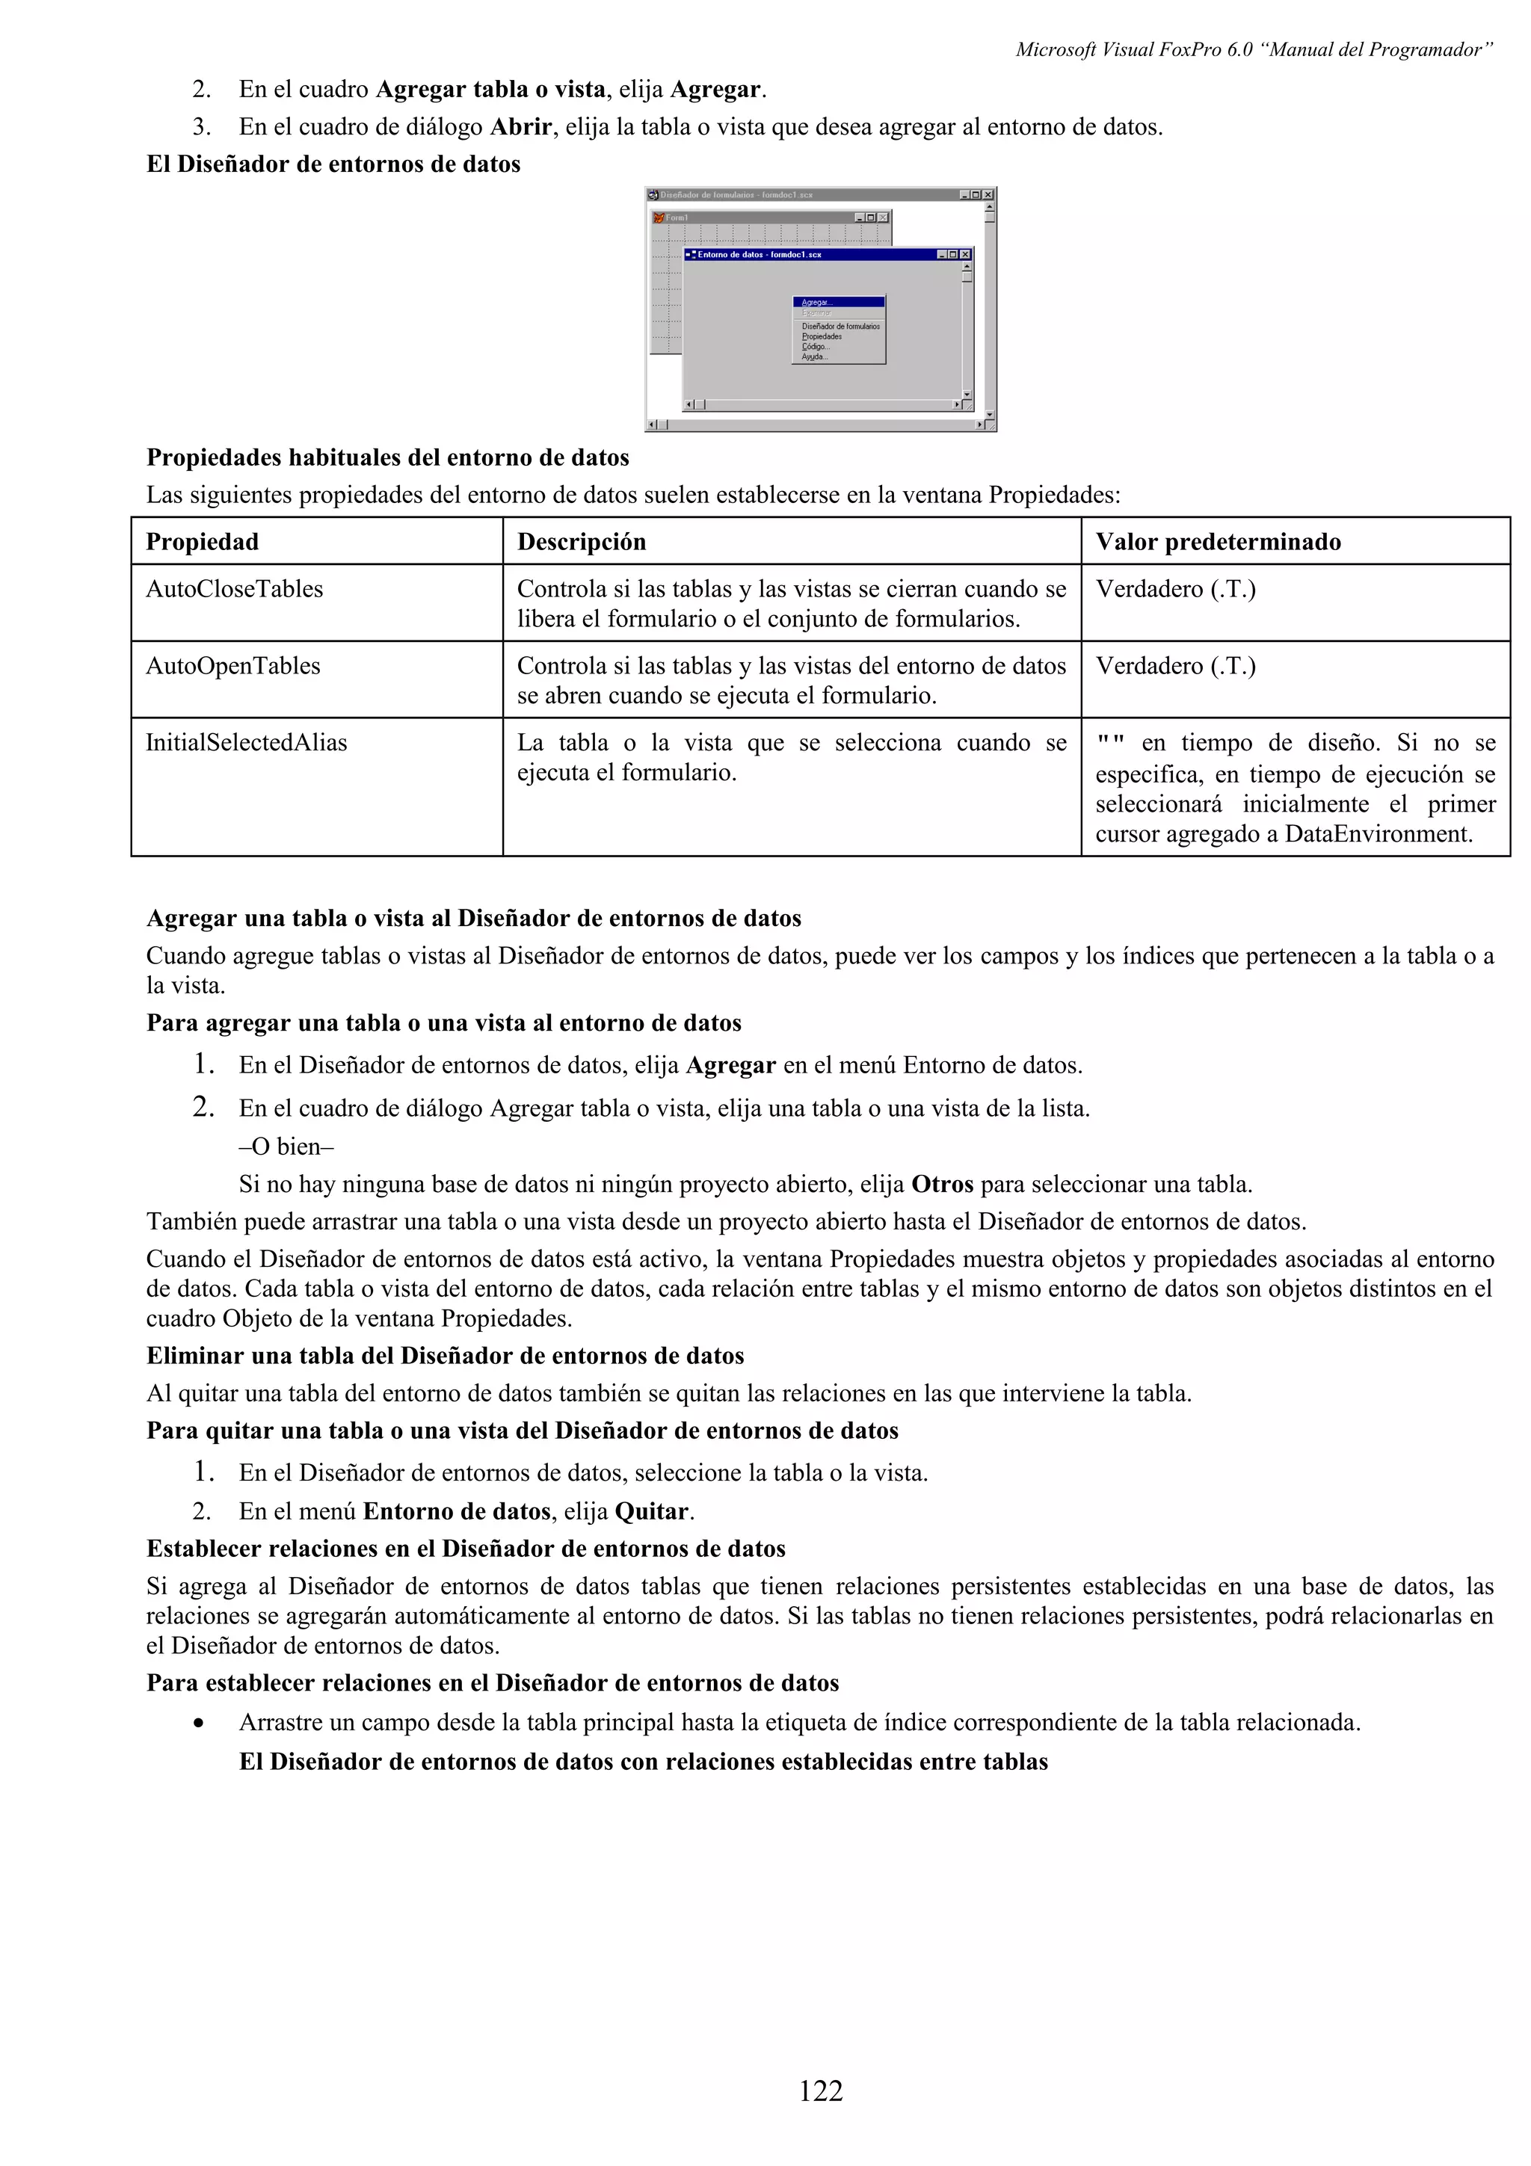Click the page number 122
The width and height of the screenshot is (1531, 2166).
tap(821, 2091)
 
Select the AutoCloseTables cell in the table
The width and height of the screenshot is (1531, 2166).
tap(234, 590)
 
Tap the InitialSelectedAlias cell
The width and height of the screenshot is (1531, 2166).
tap(246, 744)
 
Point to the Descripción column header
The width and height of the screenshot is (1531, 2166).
tap(581, 543)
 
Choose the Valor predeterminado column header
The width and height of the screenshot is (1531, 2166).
tap(1218, 543)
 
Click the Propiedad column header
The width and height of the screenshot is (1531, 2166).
tap(202, 543)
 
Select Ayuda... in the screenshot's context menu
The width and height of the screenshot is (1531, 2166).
tap(814, 357)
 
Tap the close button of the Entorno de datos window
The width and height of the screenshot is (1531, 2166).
tap(965, 255)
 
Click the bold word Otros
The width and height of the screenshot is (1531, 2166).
tap(943, 1185)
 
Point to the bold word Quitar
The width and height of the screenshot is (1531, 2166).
tap(653, 1512)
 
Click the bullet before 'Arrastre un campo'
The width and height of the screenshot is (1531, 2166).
tap(198, 1724)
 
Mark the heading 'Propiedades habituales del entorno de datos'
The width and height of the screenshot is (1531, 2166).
tap(388, 458)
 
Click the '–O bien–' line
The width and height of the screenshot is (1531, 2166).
tap(287, 1147)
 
